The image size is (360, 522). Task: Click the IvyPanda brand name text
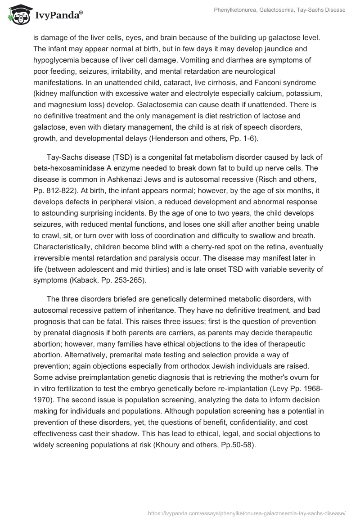57,15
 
